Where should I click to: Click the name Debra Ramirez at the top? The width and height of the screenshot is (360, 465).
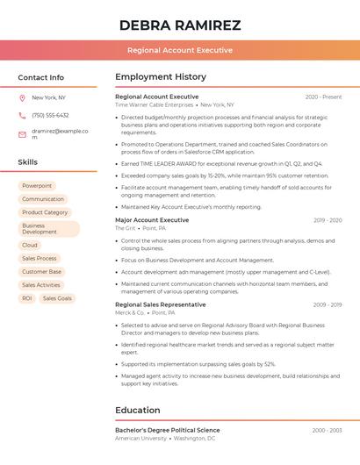point(179,25)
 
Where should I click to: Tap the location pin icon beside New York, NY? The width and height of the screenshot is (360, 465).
point(22,97)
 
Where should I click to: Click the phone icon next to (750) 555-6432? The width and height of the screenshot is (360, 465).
point(22,115)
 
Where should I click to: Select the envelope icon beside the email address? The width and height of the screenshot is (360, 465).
point(22,134)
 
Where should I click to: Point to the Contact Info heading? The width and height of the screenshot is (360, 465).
point(40,77)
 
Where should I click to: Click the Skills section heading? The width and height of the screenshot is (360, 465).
point(27,162)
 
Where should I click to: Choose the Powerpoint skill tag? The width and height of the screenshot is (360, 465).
point(37,186)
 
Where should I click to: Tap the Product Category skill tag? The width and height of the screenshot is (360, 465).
point(45,212)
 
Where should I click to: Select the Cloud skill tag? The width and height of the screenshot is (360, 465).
point(30,245)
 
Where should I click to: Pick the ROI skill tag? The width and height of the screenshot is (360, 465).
point(27,298)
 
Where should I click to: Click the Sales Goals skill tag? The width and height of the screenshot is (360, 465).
point(57,298)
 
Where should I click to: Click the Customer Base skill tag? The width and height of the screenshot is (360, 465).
point(41,272)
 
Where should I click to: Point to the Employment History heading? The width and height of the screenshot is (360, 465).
point(161,77)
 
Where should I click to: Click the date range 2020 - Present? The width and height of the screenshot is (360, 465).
point(323,97)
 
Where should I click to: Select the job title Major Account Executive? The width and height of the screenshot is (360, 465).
point(152,220)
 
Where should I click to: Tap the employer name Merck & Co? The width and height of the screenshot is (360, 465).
point(130,312)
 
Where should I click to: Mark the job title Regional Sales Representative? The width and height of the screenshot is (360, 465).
point(160,304)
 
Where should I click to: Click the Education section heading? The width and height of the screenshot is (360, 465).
point(137,410)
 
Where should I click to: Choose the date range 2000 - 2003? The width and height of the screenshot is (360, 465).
point(327,431)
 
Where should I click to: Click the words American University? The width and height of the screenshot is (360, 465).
point(141,438)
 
